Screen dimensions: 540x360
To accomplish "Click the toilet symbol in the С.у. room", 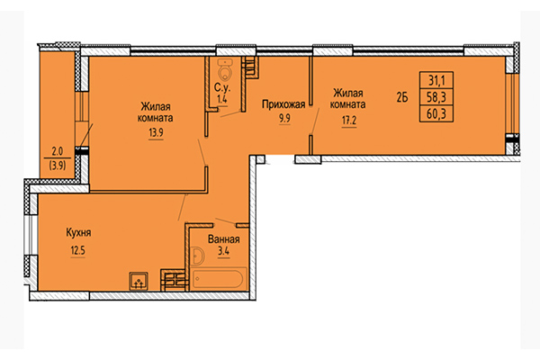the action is coord(225,68).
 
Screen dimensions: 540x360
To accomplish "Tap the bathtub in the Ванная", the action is coord(218,279).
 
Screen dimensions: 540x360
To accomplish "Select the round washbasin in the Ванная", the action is coord(198,256).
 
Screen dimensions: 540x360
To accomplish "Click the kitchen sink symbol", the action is coord(139,281).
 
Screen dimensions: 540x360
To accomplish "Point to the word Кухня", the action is coord(78,232).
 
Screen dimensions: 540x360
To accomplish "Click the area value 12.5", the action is coord(77,250).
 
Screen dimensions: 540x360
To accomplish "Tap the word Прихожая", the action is coord(283,104).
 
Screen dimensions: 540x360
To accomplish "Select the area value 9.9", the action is coord(284,119).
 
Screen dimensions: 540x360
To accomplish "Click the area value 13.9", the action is coord(156,132).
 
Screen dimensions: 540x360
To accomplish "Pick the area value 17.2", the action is coord(349,121).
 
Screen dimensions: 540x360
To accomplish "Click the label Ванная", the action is coord(224,239).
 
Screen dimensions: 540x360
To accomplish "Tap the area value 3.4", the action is coord(223,251).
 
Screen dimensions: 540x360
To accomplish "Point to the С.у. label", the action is coord(222,88).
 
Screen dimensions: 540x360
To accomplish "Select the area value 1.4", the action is coord(221,99).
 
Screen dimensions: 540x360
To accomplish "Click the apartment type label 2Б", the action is coord(402,98).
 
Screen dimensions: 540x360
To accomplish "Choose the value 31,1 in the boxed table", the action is coord(436,81).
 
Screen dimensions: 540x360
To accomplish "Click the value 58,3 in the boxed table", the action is coord(436,97).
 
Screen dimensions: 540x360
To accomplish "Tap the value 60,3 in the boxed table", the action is coord(436,113).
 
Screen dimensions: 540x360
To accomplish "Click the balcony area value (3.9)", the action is coord(58,166).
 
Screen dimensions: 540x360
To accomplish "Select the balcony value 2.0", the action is coord(58,151).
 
